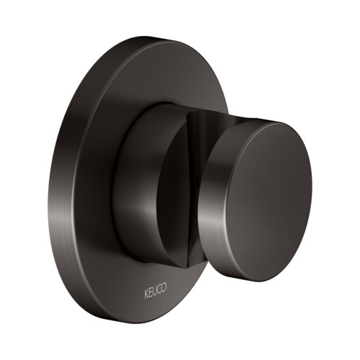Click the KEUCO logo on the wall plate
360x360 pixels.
click(155, 291)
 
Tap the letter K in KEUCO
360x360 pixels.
click(146, 294)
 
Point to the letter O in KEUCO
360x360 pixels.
click(163, 287)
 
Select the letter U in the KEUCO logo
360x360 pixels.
click(154, 291)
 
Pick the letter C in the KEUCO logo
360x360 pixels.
click(159, 289)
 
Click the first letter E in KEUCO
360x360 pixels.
click(150, 293)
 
